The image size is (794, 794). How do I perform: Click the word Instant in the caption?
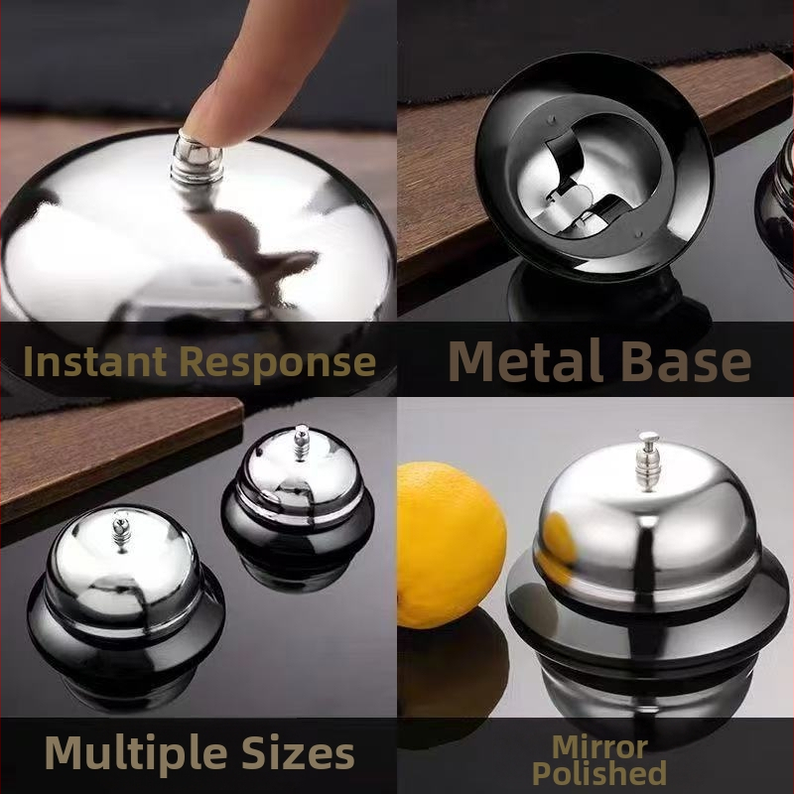(x=95, y=361)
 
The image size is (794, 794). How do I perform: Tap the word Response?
(x=278, y=363)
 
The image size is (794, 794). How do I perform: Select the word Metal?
(x=526, y=360)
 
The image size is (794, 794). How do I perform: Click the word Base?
(x=686, y=361)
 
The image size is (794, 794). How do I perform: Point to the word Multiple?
(x=136, y=753)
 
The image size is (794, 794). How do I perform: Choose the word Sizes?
(x=298, y=753)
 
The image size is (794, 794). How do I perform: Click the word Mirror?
(x=600, y=747)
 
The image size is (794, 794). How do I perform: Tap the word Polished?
(x=599, y=773)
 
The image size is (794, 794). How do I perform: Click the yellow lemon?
(x=451, y=545)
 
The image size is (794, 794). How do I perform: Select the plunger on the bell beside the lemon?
(x=648, y=462)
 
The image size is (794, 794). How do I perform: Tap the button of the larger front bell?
(x=121, y=531)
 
